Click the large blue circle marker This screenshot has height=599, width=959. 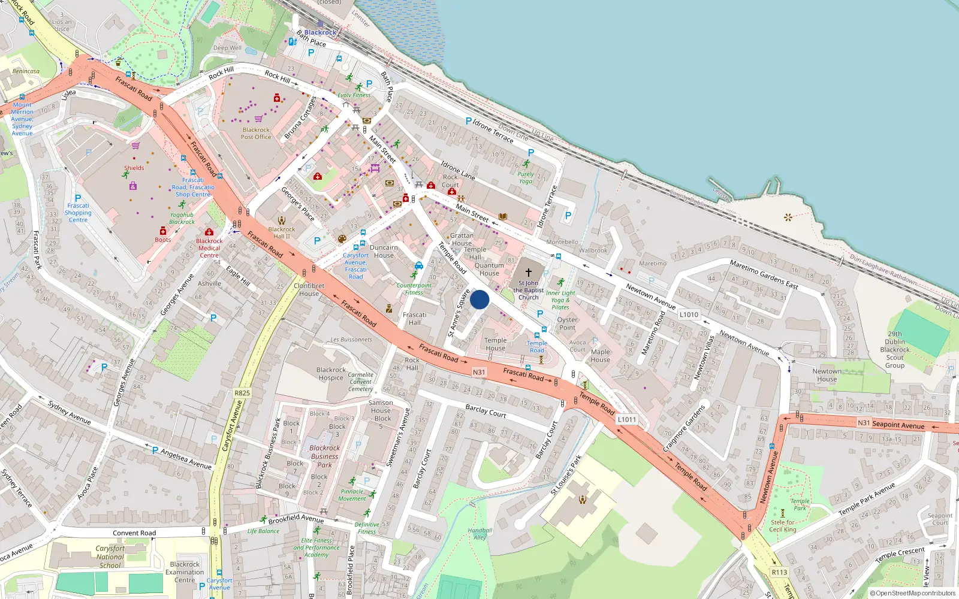point(479,299)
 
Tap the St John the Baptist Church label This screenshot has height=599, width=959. point(528,291)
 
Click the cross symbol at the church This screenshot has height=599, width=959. point(529,273)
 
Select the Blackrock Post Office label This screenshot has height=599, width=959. point(256,134)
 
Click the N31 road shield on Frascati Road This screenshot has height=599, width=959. point(479,372)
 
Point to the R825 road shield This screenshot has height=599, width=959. point(242,393)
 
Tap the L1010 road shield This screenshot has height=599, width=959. point(689,314)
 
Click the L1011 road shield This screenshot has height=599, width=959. point(627,419)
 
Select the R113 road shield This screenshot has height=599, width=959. point(779,572)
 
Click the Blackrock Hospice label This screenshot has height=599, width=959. point(331,374)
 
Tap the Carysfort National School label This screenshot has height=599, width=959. point(110,556)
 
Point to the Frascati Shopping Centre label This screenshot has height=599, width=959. point(78,213)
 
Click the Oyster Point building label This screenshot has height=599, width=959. point(567,323)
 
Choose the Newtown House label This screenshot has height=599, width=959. point(827,375)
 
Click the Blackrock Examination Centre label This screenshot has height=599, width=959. point(185,572)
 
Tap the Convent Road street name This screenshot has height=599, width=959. point(134,533)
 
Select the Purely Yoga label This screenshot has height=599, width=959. point(526,177)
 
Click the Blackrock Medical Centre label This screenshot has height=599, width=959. point(209,248)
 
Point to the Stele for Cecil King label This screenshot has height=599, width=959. point(783,526)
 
